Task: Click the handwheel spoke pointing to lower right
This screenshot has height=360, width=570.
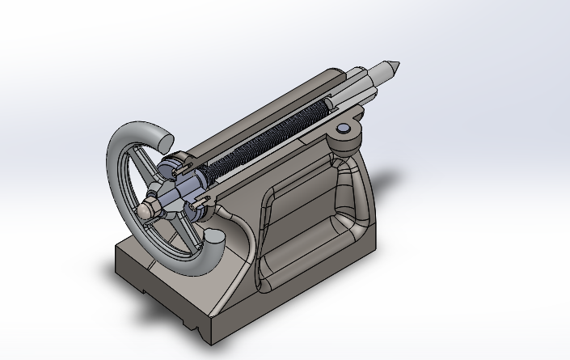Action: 181,239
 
